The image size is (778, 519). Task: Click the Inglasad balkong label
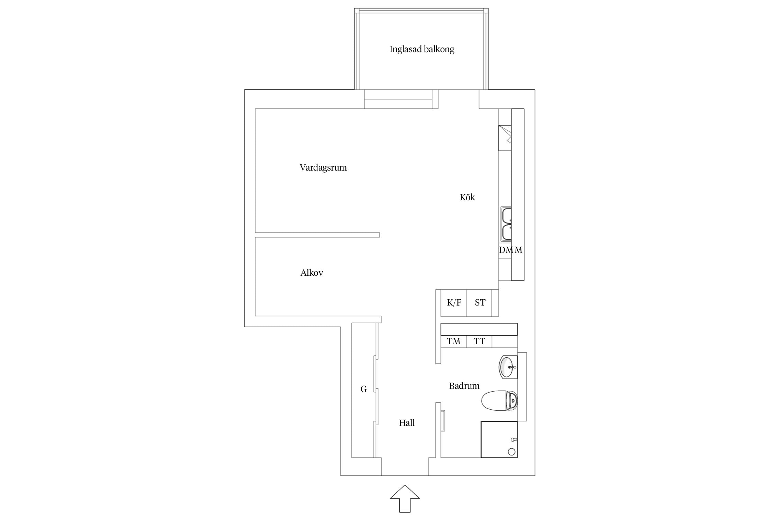point(422,49)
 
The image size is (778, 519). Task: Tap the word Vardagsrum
point(323,168)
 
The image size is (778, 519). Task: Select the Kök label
point(467,197)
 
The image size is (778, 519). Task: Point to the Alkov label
point(312,273)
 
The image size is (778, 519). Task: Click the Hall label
point(407,422)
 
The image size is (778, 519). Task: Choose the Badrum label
point(464,386)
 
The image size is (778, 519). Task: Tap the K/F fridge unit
point(453,303)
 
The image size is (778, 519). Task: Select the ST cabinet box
point(479,303)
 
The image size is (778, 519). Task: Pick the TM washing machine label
point(453,342)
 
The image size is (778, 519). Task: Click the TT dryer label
point(479,342)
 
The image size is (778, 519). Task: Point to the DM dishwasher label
point(506,250)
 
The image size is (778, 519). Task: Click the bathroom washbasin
point(508,367)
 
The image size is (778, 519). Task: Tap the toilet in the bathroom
point(499,401)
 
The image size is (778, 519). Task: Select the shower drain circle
point(512,452)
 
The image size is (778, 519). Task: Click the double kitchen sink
point(506,224)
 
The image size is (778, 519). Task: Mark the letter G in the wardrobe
point(363,389)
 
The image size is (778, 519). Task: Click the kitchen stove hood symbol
point(505,138)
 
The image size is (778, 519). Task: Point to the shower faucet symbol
point(514,439)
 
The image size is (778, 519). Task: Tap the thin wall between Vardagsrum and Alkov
point(317,235)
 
